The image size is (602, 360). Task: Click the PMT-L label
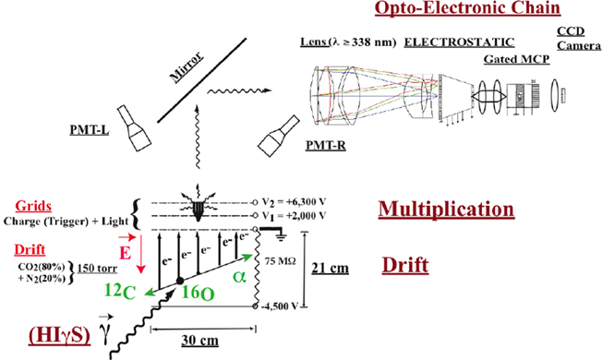[x=90, y=130]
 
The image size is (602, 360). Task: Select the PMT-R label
[x=326, y=146]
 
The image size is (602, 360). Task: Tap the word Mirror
[x=187, y=67]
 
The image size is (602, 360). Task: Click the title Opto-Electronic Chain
[x=467, y=8]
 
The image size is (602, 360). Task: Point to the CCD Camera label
[x=579, y=38]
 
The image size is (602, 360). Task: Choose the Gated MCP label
[x=516, y=59]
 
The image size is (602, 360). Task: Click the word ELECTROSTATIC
[x=459, y=42]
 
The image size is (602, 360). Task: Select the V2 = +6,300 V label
[x=294, y=202]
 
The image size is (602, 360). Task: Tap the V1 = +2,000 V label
[x=294, y=216]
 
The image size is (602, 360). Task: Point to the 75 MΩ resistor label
[x=281, y=261]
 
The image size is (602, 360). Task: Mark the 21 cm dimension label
[x=331, y=268]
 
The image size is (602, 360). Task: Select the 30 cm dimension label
[x=200, y=340]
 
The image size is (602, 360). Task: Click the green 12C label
[x=120, y=292]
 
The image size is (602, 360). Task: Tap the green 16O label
[x=198, y=294]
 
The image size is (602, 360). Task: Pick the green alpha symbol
[x=239, y=277]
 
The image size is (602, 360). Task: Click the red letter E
[x=126, y=253]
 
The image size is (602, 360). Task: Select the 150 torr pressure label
[x=98, y=268]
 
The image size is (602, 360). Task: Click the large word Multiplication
[x=446, y=210]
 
